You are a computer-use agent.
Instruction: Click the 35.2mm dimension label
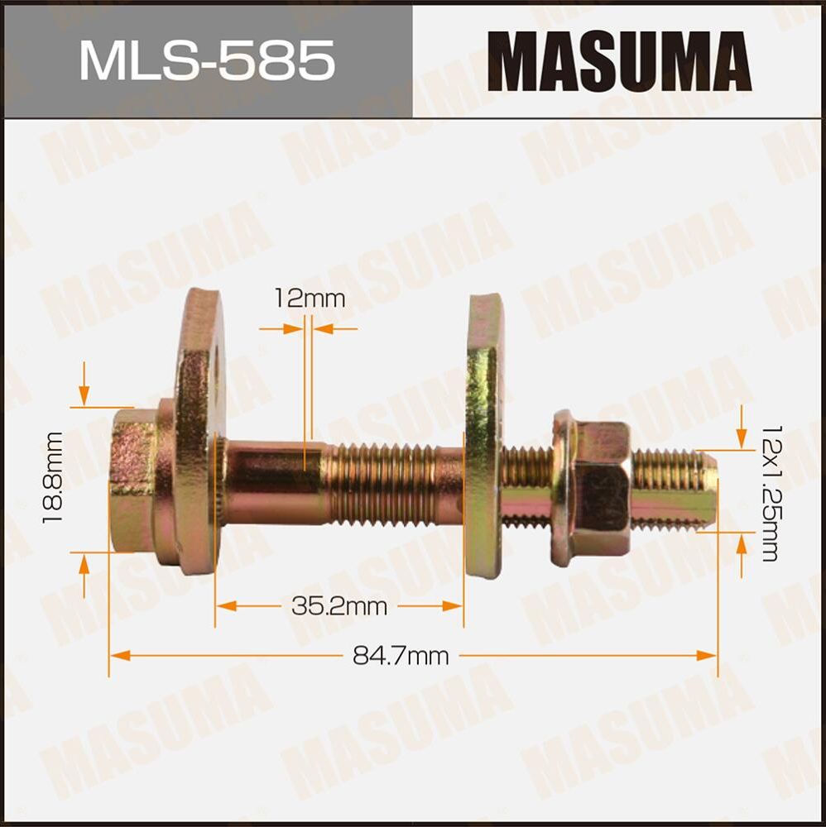(339, 606)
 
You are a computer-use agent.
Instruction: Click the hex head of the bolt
(132, 479)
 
